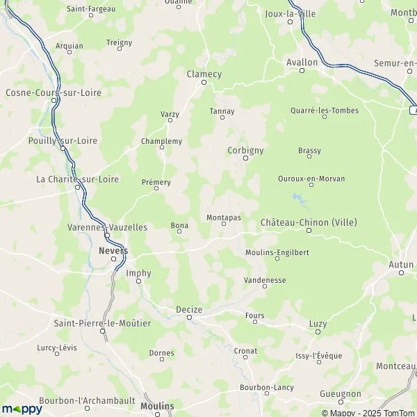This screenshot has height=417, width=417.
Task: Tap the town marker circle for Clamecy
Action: pos(204,83)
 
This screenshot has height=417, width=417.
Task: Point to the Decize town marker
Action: pos(190,318)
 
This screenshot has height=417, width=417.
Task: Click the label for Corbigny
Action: pos(245,149)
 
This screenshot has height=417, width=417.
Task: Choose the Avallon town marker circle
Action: pos(302,70)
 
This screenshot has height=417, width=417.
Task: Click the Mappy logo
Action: pos(22,409)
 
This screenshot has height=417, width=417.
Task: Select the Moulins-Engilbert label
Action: pos(277,252)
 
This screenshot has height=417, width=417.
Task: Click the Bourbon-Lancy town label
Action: pos(266,387)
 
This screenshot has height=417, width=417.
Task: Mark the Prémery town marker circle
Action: pos(156,191)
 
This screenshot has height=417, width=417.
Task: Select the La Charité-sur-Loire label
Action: pos(77,179)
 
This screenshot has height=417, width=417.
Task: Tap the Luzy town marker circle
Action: pos(318,332)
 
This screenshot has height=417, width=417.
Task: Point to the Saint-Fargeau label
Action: pos(90,9)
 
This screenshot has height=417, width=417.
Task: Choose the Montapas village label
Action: pos(224,218)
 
